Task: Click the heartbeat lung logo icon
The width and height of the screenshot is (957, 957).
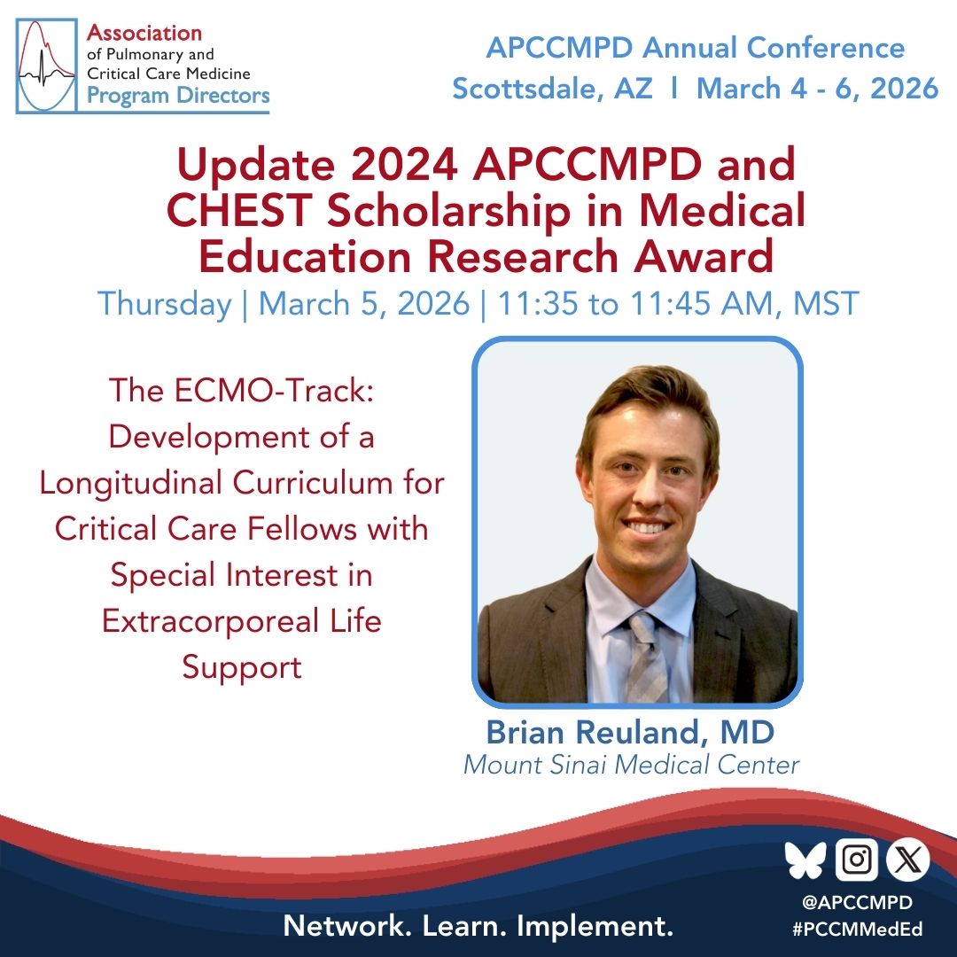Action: click(50, 66)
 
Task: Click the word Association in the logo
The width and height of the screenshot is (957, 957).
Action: click(144, 34)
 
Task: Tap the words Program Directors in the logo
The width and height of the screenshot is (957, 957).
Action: click(177, 95)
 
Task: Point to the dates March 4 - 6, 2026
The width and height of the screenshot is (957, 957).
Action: click(817, 88)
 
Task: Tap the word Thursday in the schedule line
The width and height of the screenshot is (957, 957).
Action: click(165, 304)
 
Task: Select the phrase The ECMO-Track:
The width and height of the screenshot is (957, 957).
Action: click(242, 390)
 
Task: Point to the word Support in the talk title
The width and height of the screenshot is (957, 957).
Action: click(242, 666)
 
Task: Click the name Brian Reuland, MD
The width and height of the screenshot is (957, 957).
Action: click(630, 734)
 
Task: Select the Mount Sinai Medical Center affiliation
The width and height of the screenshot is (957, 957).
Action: click(631, 764)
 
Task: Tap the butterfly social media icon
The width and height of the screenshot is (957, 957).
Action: click(805, 860)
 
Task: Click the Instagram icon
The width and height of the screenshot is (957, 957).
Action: click(857, 860)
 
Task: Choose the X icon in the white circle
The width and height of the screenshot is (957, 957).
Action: click(907, 860)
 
